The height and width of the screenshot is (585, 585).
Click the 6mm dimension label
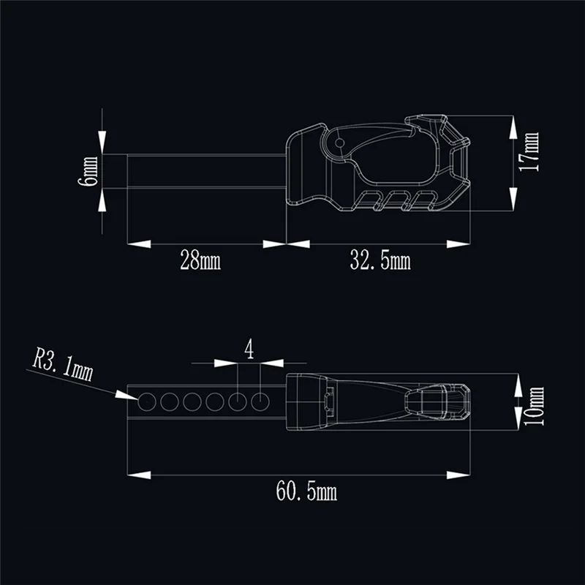(x=89, y=171)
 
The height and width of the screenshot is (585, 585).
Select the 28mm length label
(x=200, y=260)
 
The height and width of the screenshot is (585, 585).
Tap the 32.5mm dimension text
(x=380, y=260)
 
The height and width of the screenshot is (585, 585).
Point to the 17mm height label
(x=529, y=152)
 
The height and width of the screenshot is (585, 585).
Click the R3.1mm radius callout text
(x=63, y=366)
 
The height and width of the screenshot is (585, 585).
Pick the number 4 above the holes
(x=249, y=350)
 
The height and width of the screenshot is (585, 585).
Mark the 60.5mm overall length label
(x=306, y=492)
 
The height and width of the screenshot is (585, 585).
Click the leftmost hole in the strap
(x=147, y=401)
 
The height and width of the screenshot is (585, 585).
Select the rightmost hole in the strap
(x=261, y=401)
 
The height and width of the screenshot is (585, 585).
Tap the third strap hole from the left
(x=192, y=401)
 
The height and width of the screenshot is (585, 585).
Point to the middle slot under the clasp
(x=399, y=198)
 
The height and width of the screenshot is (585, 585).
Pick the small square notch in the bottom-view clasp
(x=328, y=399)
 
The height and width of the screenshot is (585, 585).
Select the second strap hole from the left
(x=170, y=401)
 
